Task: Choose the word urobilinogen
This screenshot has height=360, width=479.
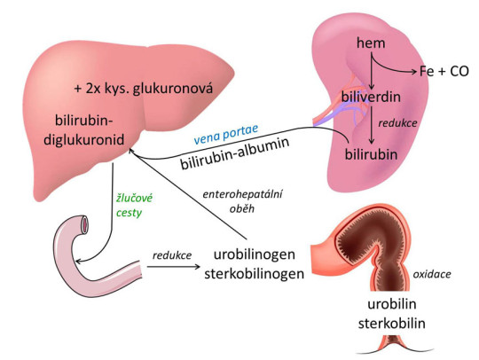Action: (262, 255)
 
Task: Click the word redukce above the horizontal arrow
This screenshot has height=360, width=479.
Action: (171, 255)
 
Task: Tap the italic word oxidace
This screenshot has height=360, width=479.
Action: (432, 274)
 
